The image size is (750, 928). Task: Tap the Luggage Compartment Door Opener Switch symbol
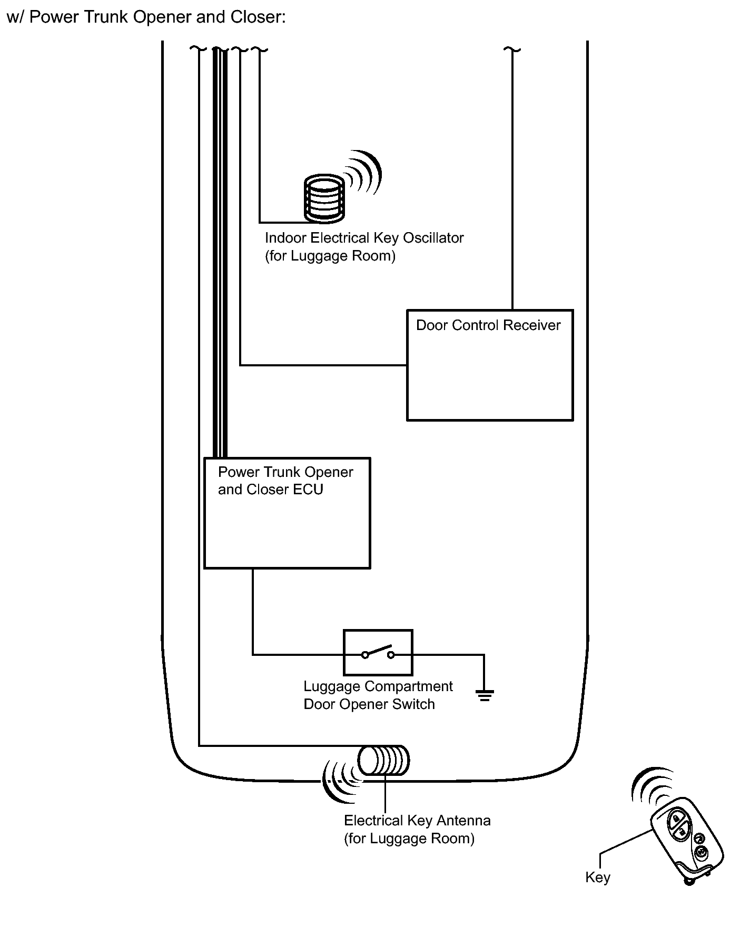pyautogui.click(x=378, y=653)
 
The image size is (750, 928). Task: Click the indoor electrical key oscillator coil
pyautogui.click(x=324, y=198)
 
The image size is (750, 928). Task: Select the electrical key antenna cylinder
pyautogui.click(x=383, y=761)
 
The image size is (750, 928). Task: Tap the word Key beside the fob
pyautogui.click(x=598, y=877)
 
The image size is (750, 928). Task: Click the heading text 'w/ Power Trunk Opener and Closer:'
pyautogui.click(x=146, y=17)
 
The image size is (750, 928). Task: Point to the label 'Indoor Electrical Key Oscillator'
pyautogui.click(x=364, y=238)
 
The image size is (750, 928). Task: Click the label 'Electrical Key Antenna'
pyautogui.click(x=417, y=821)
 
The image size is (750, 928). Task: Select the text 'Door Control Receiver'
pyautogui.click(x=488, y=325)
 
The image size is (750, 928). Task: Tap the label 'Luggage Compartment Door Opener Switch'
pyautogui.click(x=378, y=695)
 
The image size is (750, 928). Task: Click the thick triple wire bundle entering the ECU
pyautogui.click(x=220, y=253)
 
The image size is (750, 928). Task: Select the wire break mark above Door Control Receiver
pyautogui.click(x=512, y=50)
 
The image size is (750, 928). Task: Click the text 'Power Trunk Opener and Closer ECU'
pyautogui.click(x=285, y=481)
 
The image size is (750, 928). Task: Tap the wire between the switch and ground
pyautogui.click(x=448, y=655)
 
